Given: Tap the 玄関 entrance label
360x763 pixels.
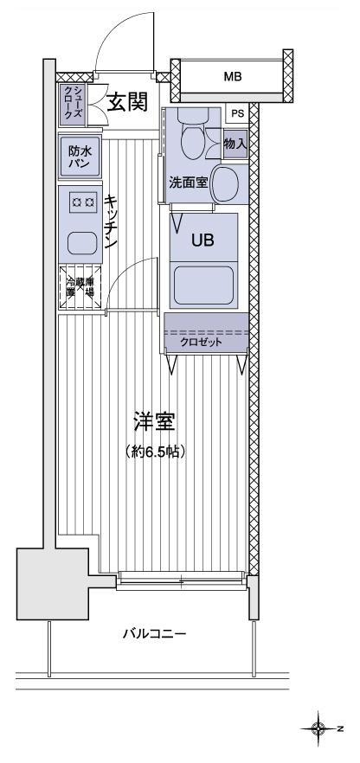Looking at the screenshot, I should (126, 103).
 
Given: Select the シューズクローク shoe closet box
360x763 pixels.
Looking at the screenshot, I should (73, 103).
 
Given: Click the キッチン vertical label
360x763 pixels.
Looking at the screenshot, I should (111, 223).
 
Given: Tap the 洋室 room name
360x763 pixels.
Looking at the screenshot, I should (156, 423).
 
